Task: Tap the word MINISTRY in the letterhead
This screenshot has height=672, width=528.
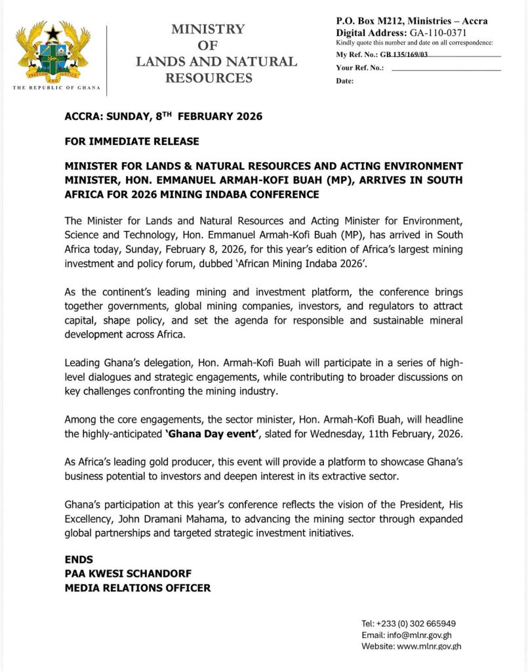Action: tap(208, 30)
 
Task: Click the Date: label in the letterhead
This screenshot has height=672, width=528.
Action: tap(345, 81)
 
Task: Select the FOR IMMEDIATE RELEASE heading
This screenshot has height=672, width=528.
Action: tap(131, 141)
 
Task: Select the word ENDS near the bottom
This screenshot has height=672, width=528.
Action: tap(79, 560)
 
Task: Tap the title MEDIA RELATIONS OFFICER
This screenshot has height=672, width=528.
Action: tap(138, 588)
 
